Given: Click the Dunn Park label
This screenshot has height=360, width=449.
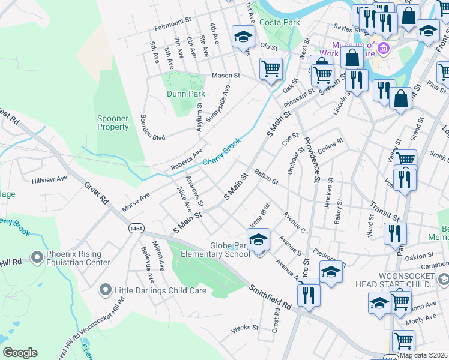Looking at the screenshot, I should [x=186, y=94].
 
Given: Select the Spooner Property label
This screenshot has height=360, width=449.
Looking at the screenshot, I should [x=113, y=122].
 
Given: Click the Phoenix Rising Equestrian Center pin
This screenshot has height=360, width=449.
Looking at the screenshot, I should [x=37, y=257].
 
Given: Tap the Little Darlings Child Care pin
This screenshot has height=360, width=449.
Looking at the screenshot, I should [x=106, y=291].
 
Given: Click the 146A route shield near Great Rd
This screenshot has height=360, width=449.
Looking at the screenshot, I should [x=136, y=228].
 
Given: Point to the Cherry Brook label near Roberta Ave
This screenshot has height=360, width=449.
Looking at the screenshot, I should [x=221, y=154].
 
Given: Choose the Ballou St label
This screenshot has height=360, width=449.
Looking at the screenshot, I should [x=266, y=177].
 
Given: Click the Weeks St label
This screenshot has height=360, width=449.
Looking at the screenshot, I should [x=244, y=328].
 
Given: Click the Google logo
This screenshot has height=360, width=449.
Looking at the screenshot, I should [x=20, y=353].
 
